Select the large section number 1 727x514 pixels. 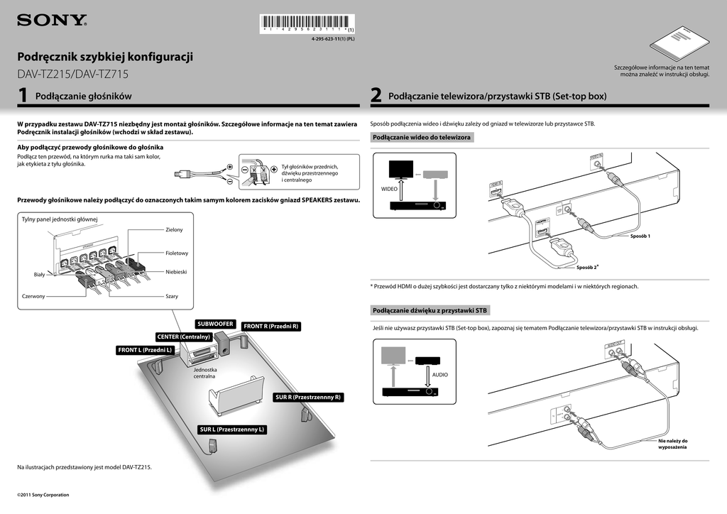23,96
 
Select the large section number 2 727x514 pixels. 376,96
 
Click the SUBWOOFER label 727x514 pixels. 216,324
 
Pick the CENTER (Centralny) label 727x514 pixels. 184,336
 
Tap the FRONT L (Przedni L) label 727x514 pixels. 146,350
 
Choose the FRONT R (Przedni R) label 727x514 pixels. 271,327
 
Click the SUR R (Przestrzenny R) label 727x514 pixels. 308,398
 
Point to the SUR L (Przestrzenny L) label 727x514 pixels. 232,430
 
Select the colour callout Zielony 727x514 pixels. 174,229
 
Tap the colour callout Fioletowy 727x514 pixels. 177,253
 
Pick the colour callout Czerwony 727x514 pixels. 34,296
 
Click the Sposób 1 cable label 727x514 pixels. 640,236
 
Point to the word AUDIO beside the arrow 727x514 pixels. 440,374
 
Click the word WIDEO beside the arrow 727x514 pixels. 390,190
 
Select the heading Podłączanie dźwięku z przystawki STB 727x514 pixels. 430,311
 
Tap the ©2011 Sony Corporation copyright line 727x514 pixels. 43,494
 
